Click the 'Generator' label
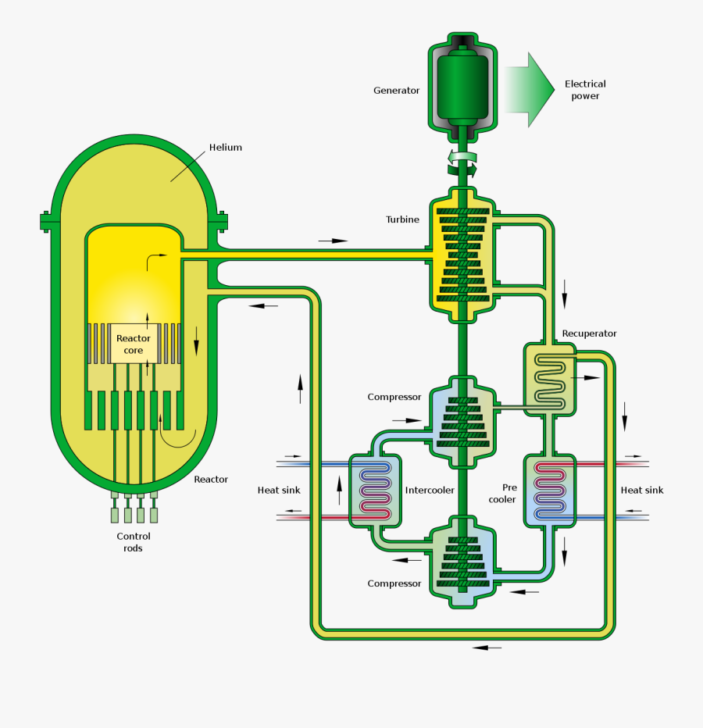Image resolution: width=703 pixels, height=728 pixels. pyautogui.click(x=396, y=91)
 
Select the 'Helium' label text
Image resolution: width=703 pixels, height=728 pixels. pyautogui.click(x=226, y=148)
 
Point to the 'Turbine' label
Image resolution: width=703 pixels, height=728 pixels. pyautogui.click(x=402, y=219)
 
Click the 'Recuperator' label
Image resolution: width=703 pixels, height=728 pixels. pyautogui.click(x=589, y=334)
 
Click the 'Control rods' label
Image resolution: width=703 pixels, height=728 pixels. pyautogui.click(x=134, y=542)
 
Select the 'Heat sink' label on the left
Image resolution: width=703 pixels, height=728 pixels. pyautogui.click(x=279, y=491)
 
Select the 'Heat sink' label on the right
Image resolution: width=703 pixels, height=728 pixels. pyautogui.click(x=642, y=491)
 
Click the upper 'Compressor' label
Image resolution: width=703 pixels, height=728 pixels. pyautogui.click(x=394, y=397)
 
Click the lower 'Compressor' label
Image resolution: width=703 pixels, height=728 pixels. pyautogui.click(x=394, y=583)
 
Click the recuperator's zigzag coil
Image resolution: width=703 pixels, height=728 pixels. pyautogui.click(x=551, y=380)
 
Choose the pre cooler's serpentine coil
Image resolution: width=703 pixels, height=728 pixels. pyautogui.click(x=551, y=491)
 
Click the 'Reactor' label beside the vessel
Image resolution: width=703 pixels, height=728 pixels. pyautogui.click(x=211, y=480)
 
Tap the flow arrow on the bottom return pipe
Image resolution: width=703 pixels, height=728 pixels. pyautogui.click(x=487, y=648)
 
